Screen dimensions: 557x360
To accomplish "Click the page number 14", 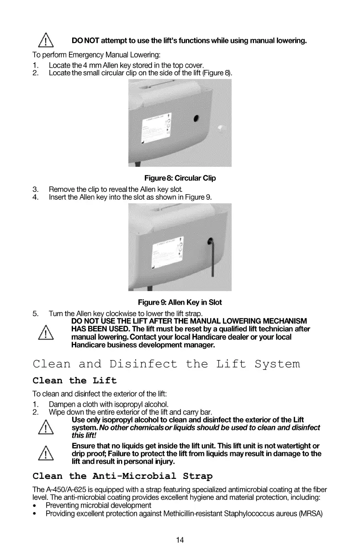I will [x=180, y=540].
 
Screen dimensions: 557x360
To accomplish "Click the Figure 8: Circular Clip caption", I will [x=180, y=178].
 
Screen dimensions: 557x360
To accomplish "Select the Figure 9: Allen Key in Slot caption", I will [x=180, y=302].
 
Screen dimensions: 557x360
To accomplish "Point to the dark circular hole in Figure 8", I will [x=196, y=119].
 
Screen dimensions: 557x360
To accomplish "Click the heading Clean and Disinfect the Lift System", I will [x=167, y=364].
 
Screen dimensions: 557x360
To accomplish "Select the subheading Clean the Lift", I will [x=75, y=381].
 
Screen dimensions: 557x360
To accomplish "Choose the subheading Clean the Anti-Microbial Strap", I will [x=123, y=477].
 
